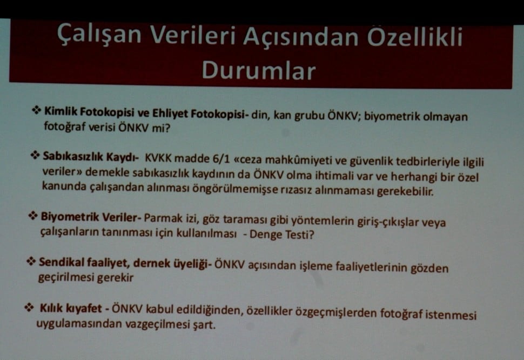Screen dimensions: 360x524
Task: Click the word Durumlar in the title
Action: pyautogui.click(x=258, y=70)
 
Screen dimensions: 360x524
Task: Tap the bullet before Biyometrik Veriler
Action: pyautogui.click(x=32, y=216)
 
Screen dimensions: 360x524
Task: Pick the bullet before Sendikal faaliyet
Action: pyautogui.click(x=31, y=262)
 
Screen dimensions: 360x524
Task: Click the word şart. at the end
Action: pyautogui.click(x=204, y=325)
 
